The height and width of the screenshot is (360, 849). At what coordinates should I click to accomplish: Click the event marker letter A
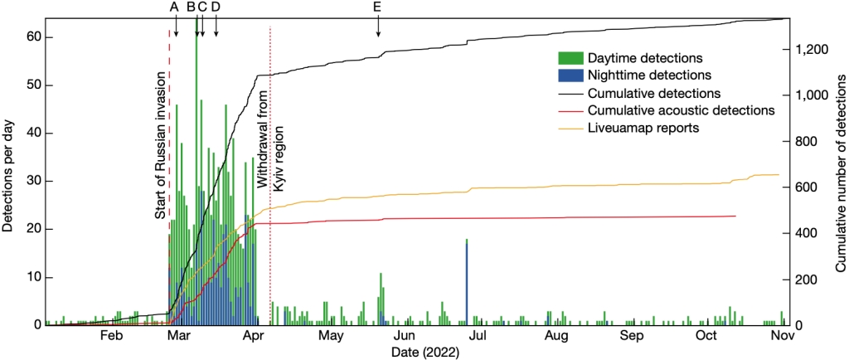[174, 7]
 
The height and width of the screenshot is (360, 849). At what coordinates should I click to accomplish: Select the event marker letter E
[378, 7]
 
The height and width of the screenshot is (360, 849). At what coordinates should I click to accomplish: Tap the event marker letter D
[216, 7]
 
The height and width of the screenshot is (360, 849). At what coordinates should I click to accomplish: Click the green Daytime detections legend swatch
[570, 58]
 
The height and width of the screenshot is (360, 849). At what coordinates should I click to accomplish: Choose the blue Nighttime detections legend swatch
[570, 75]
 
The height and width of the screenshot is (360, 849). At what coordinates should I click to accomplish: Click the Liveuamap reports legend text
[644, 129]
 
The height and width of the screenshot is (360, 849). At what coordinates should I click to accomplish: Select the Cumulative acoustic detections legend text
[681, 110]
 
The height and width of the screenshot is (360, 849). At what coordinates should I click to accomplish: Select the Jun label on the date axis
[405, 336]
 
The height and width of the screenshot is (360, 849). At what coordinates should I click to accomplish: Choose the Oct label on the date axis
[706, 336]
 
